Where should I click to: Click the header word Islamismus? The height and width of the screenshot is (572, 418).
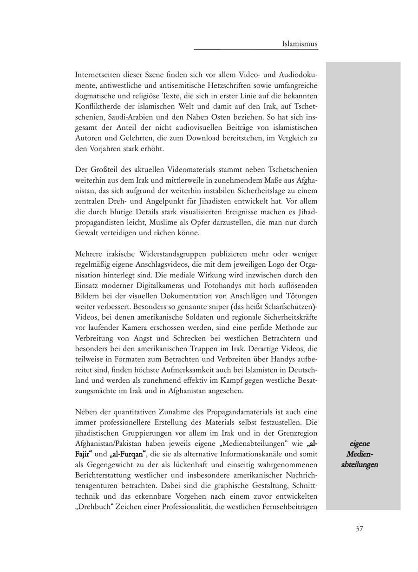click(300, 44)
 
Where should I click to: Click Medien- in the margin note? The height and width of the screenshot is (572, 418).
click(359, 454)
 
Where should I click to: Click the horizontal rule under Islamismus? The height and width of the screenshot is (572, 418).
click(255, 50)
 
